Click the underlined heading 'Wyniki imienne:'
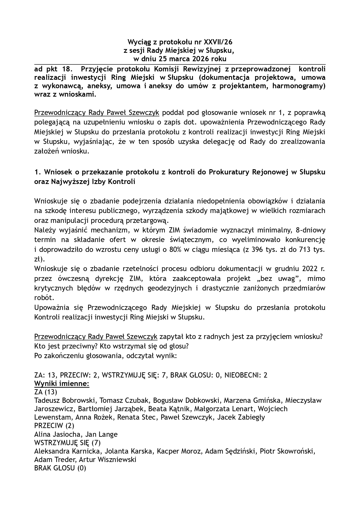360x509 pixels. coord(61,384)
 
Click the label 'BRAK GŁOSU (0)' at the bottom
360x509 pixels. coord(60,468)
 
